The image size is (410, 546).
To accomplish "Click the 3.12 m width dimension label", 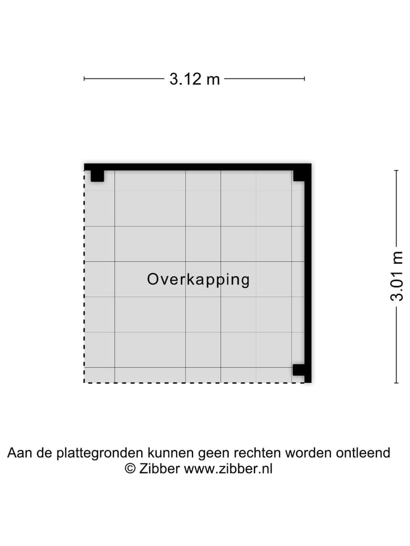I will coord(194,79).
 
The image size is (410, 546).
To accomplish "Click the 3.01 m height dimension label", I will coord(397,276).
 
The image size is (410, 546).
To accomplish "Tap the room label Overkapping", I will coord(198,279).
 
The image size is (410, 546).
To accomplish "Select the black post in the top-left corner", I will coord(97,175).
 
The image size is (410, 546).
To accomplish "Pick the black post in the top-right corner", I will coord(299,175).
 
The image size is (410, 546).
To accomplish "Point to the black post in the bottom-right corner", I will coord(299,370).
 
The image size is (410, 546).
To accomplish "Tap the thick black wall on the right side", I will coord(308,273).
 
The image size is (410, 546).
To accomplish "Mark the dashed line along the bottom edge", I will coord(194,382).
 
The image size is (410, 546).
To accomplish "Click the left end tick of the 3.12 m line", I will coord(84,79).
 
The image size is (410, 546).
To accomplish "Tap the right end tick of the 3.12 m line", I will coord(305,79).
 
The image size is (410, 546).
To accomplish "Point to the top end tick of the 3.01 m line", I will coord(397,170).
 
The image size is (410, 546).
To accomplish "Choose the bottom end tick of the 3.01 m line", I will coord(397,382).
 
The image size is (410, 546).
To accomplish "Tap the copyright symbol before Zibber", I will coord(130,469).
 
